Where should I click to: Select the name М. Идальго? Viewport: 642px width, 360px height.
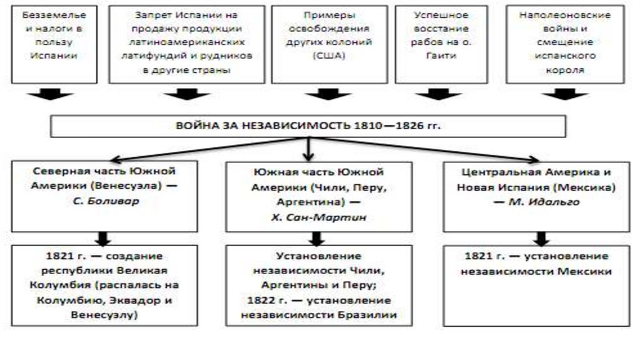coord(544,201)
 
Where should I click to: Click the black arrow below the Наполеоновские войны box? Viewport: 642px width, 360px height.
coord(566,94)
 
